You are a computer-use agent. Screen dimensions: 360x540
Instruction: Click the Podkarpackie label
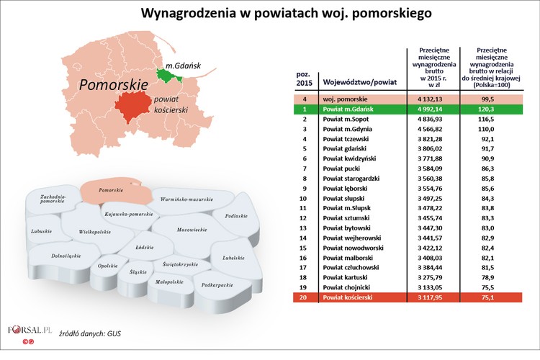pos(217,285)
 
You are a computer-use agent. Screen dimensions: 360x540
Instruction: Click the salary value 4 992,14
pos(430,109)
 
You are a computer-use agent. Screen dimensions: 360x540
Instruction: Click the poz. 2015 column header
pos(305,80)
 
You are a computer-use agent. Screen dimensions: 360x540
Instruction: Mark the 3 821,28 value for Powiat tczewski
pos(430,138)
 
